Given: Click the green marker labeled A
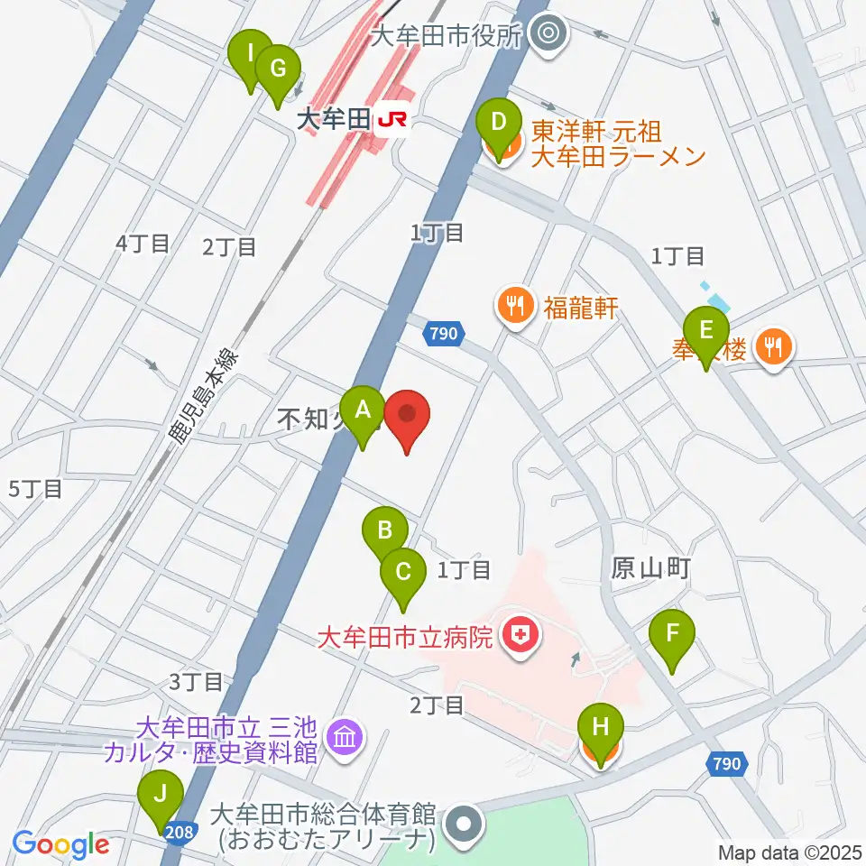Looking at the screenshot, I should (363, 412).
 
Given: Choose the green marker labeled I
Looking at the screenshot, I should (250, 55).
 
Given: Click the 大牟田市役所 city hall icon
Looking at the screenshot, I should (546, 36).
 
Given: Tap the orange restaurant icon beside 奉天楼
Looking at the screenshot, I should (773, 346).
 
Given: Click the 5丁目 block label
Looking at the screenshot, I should (35, 490).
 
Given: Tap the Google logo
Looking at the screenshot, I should (60, 845).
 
